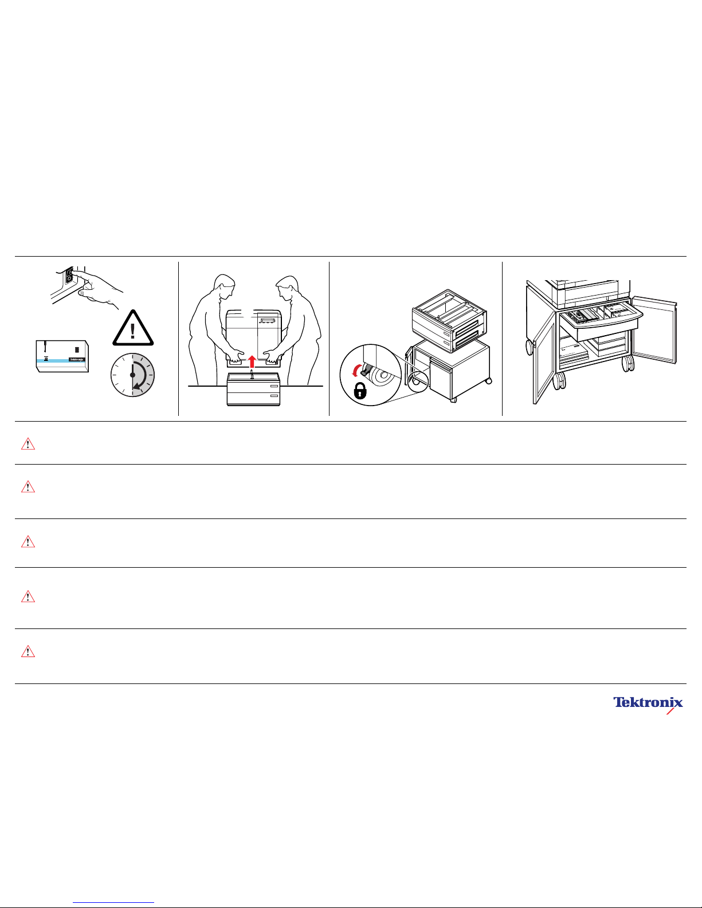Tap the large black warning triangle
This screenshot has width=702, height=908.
tap(133, 328)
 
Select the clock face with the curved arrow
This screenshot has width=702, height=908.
tap(132, 375)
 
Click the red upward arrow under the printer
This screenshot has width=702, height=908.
tap(252, 361)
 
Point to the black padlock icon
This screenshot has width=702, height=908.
tap(359, 391)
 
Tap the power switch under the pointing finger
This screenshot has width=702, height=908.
tap(69, 277)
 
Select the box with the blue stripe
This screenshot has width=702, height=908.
tap(62, 356)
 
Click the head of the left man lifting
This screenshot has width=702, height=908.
tap(223, 286)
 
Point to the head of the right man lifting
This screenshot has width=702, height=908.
tap(288, 287)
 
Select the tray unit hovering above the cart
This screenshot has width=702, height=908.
tap(450, 320)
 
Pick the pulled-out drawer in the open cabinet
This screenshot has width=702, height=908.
tap(600, 320)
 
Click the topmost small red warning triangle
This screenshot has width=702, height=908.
tap(28, 443)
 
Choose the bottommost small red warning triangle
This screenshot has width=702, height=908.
tap(28, 651)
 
